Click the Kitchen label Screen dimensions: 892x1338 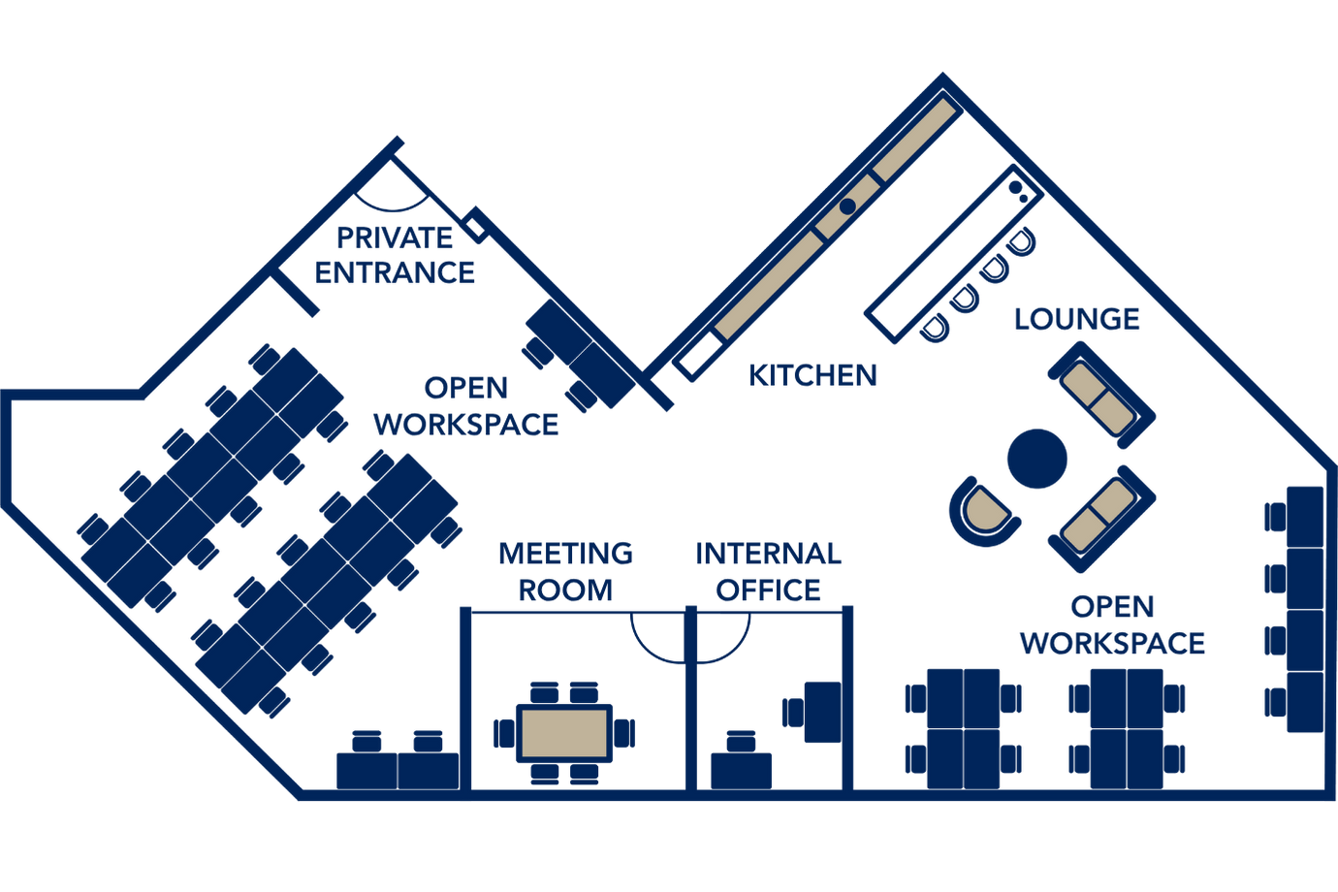812,374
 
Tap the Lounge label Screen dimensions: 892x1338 1076,318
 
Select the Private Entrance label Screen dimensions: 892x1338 395,255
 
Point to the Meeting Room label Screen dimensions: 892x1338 566,571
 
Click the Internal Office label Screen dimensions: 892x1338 768,571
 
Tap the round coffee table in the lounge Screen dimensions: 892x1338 1036,459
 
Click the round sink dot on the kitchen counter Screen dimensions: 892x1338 847,206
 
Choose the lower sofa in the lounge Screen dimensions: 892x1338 1100,518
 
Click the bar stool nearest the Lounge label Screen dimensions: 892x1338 1019,241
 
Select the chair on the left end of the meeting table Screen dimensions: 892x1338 503,733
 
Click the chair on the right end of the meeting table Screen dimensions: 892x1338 625,733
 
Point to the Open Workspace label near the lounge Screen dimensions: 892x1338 1112,625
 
